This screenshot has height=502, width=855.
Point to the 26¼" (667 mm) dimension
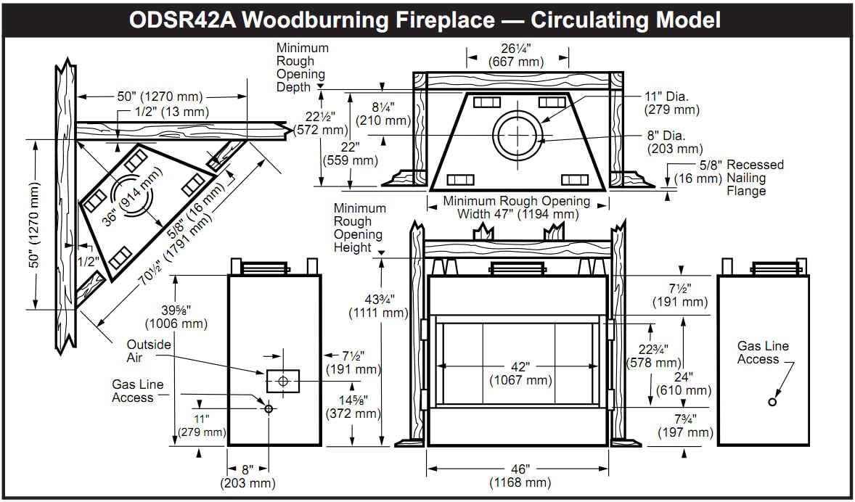[516, 55]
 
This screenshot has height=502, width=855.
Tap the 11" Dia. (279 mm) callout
[671, 103]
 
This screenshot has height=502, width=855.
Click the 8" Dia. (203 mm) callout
[675, 142]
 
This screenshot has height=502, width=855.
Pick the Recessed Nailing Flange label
[755, 178]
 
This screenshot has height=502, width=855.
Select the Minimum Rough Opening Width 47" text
[517, 207]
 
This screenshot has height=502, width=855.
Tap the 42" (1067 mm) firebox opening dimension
[518, 371]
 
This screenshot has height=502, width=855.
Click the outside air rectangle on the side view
[283, 381]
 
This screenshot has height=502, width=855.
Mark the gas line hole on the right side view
[772, 402]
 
